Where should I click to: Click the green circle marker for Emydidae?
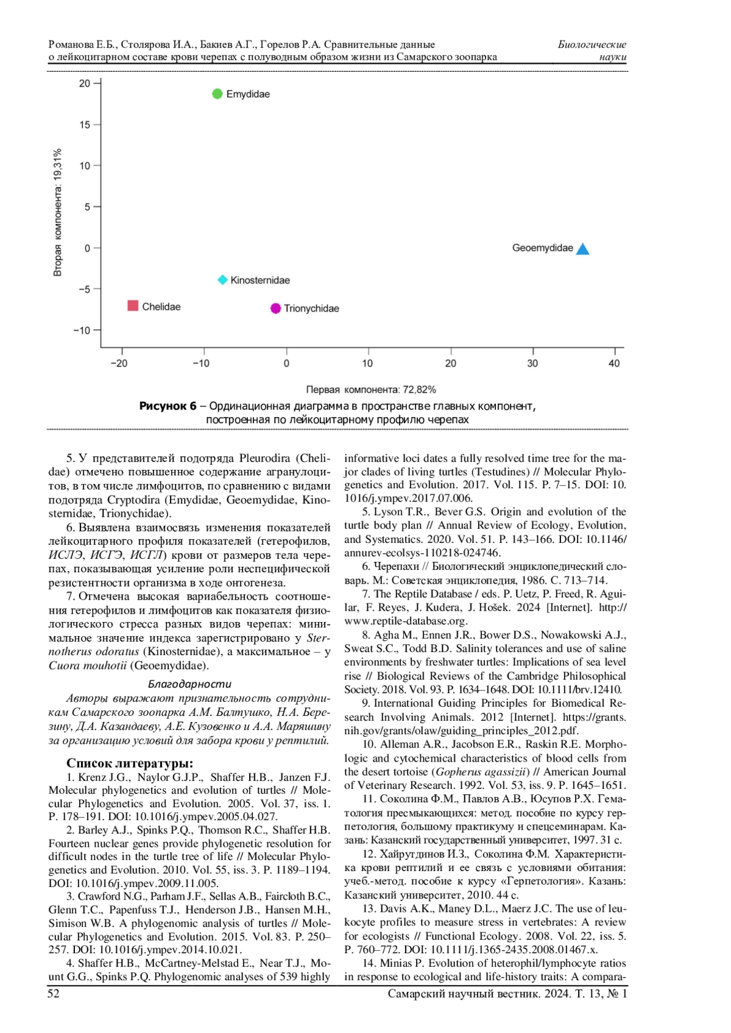coord(217,94)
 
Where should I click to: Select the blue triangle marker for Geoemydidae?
coord(583,249)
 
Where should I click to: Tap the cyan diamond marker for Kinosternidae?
coord(223,280)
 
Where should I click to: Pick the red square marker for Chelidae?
coord(133,306)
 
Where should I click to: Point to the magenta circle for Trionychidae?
coord(276,309)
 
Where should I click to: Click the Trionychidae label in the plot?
coord(311,309)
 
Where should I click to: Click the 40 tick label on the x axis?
coord(614,363)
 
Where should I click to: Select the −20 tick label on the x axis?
coord(119,363)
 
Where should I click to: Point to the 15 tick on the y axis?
coord(85,125)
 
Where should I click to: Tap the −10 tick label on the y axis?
coord(82,331)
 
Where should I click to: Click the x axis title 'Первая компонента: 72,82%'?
coord(371,390)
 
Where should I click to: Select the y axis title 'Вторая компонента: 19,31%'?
coord(58,212)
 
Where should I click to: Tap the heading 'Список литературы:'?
coord(130,763)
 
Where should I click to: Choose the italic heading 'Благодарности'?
coord(189,684)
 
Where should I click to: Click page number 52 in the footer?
coord(54,994)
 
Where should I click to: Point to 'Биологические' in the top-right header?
coord(592,44)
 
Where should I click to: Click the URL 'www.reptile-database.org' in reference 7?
coord(406,622)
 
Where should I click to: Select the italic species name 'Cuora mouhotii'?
coord(88,666)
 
